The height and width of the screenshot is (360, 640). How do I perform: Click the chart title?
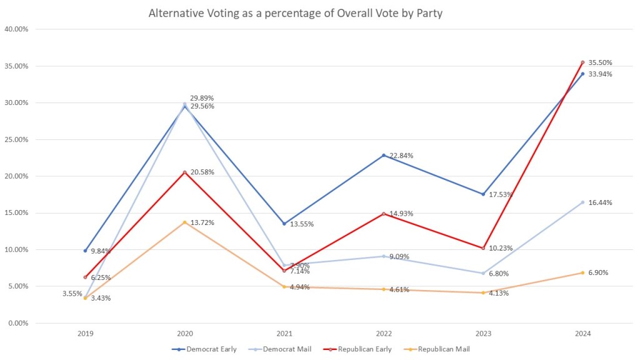pyautogui.click(x=295, y=13)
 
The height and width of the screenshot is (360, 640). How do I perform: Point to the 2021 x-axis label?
pyautogui.click(x=284, y=334)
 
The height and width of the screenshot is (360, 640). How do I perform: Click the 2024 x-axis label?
pyautogui.click(x=582, y=334)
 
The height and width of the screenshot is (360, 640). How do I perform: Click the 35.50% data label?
pyautogui.click(x=600, y=62)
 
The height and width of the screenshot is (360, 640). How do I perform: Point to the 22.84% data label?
pyautogui.click(x=400, y=156)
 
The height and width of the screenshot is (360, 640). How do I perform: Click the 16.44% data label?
pyautogui.click(x=600, y=202)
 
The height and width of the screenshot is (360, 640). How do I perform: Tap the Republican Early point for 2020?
pyautogui.click(x=184, y=172)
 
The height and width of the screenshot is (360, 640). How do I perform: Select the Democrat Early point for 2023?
pyautogui.click(x=483, y=194)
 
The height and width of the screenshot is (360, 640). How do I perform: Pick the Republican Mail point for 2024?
pyautogui.click(x=582, y=272)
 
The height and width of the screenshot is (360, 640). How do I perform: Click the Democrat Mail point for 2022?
pyautogui.click(x=384, y=256)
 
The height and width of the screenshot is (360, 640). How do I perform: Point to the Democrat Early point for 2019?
pyautogui.click(x=86, y=251)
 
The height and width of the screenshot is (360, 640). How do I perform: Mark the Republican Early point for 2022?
pyautogui.click(x=384, y=214)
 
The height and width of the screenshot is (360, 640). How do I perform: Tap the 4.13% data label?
pyautogui.click(x=499, y=293)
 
